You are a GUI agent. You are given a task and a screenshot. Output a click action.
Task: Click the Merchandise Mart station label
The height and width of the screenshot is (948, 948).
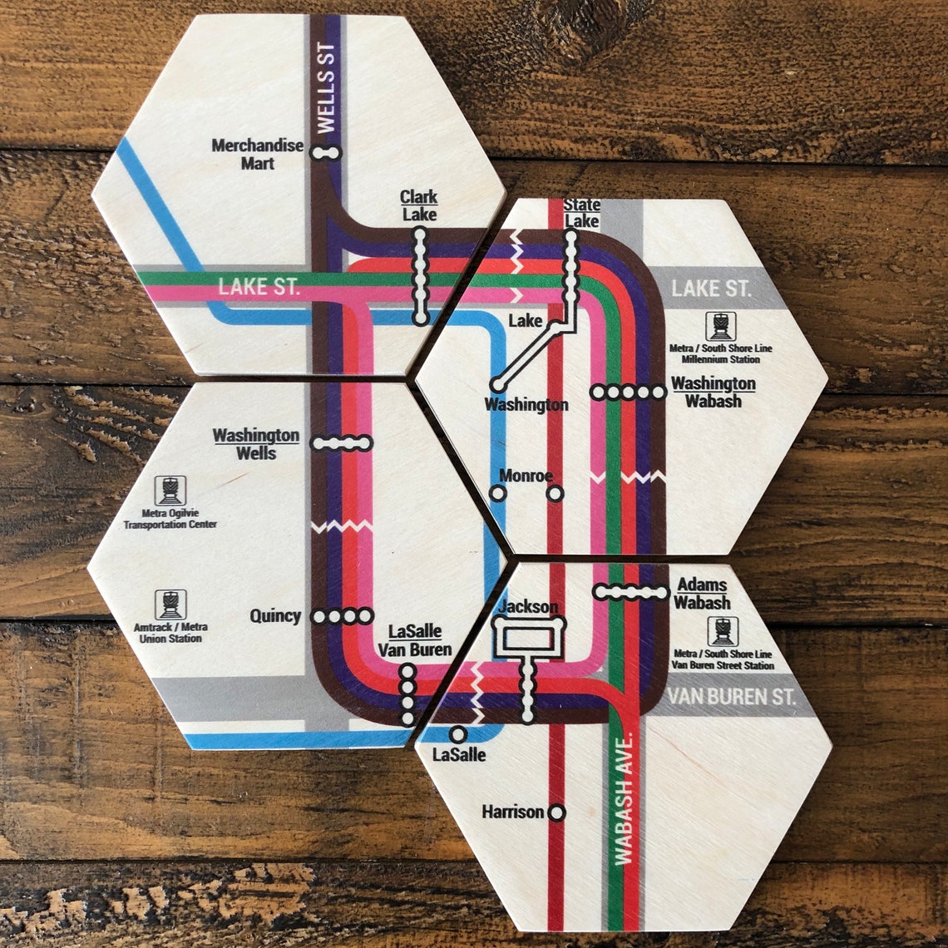(257, 154)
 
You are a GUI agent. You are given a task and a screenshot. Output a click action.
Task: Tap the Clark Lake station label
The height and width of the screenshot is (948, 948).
(419, 205)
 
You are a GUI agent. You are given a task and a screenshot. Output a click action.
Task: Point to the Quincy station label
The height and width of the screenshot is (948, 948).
(275, 616)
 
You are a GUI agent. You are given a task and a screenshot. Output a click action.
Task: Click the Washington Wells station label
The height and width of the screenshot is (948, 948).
(255, 444)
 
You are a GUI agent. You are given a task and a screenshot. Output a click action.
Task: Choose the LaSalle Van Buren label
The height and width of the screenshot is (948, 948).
(415, 640)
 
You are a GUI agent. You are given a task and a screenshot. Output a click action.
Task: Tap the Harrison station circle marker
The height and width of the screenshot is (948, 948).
(556, 812)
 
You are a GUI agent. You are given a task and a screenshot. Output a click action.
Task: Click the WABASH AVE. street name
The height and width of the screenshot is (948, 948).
(624, 798)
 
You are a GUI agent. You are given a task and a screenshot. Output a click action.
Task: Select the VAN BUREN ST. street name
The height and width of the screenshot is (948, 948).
(731, 697)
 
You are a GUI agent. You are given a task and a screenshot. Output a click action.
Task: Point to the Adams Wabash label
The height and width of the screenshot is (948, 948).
(703, 594)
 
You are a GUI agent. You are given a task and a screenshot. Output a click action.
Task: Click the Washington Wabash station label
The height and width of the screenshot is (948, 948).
(713, 392)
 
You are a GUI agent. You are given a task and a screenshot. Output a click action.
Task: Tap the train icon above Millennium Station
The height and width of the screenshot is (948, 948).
(720, 326)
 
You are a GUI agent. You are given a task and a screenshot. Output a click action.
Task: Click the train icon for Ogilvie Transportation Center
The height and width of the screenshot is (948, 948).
(170, 491)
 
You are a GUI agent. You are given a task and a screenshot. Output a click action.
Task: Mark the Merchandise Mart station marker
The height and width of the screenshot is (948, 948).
(326, 153)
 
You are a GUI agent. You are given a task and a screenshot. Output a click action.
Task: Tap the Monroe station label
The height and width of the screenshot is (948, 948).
(526, 476)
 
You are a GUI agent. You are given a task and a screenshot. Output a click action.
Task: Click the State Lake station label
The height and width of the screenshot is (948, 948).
(581, 213)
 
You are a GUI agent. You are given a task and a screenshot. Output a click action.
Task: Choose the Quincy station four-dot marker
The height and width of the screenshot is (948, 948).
(342, 616)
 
